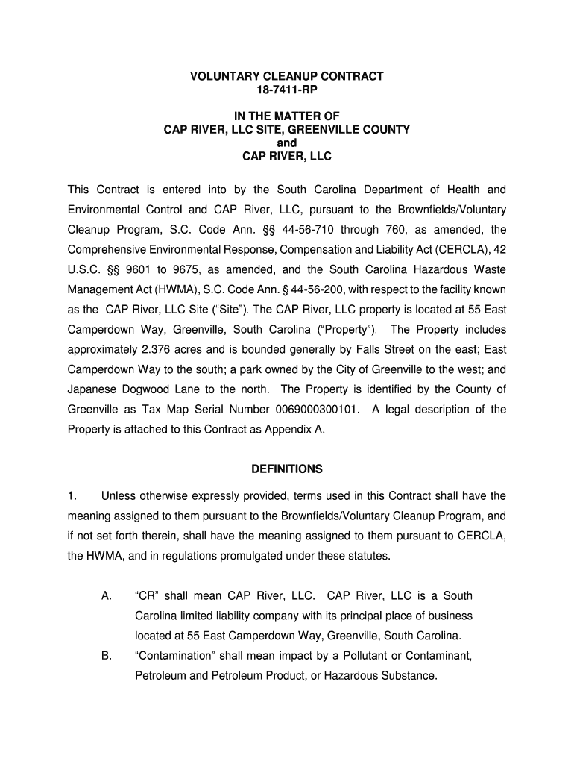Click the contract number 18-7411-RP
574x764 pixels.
287,90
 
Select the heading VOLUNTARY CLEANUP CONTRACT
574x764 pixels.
287,76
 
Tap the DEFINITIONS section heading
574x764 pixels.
287,469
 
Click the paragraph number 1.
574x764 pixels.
72,495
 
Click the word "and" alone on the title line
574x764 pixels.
287,143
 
